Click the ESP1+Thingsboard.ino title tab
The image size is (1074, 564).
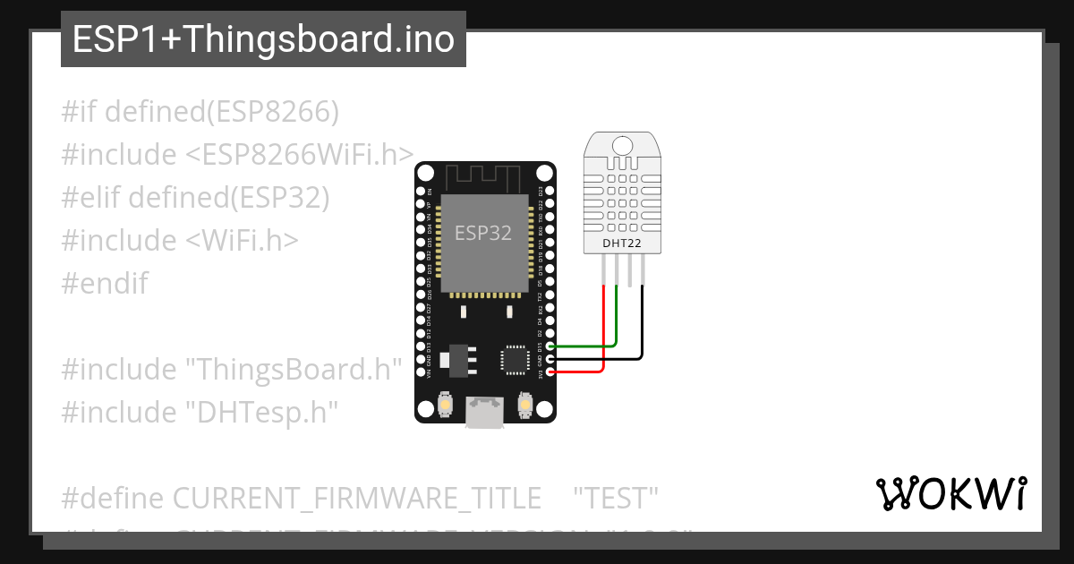coord(263,40)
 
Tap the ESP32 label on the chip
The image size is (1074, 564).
coord(483,233)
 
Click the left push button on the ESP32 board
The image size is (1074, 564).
coord(444,407)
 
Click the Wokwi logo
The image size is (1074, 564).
coord(950,493)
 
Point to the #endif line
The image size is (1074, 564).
coord(105,284)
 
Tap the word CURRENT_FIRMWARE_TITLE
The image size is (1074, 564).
coord(356,497)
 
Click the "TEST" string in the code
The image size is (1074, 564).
coord(616,497)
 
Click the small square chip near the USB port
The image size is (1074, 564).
coord(516,359)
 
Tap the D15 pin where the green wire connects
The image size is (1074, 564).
coord(550,346)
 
